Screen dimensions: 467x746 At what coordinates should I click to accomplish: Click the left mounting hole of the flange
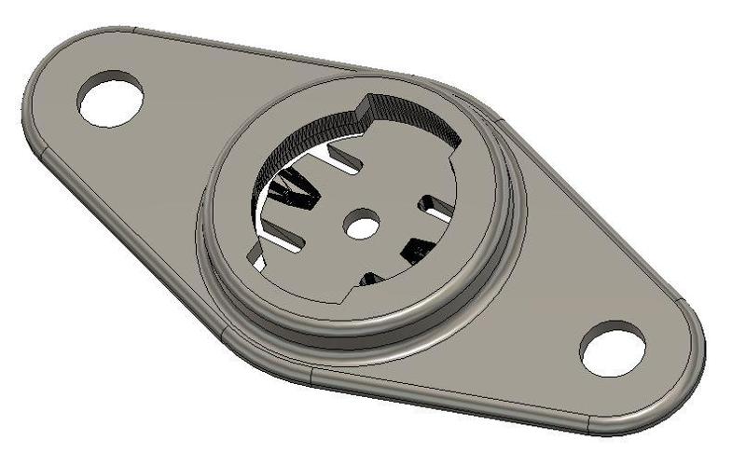(111, 98)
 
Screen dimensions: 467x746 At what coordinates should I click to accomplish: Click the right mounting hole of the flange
(612, 349)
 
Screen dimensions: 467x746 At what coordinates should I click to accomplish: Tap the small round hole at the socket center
(362, 223)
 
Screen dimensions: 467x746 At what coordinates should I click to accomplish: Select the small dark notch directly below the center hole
(370, 279)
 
